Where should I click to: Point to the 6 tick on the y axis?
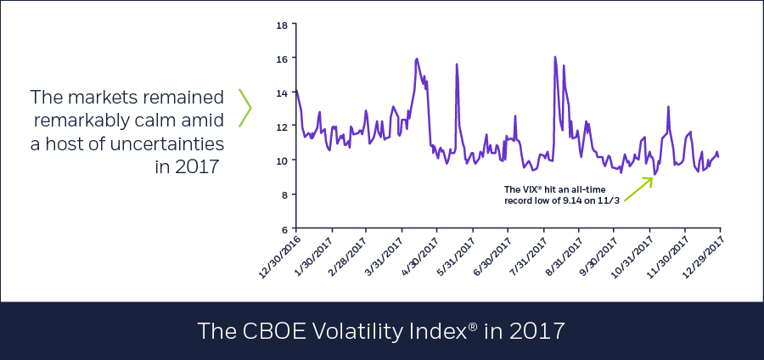(x=284, y=228)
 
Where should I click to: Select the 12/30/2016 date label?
(x=277, y=253)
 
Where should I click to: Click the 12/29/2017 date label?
(x=701, y=253)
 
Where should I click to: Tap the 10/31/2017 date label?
(x=630, y=253)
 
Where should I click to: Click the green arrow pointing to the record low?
(x=638, y=190)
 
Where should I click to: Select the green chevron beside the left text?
(x=245, y=108)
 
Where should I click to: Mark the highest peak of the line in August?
(x=554, y=58)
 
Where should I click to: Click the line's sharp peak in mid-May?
(x=457, y=65)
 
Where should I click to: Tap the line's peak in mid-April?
(x=417, y=59)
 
